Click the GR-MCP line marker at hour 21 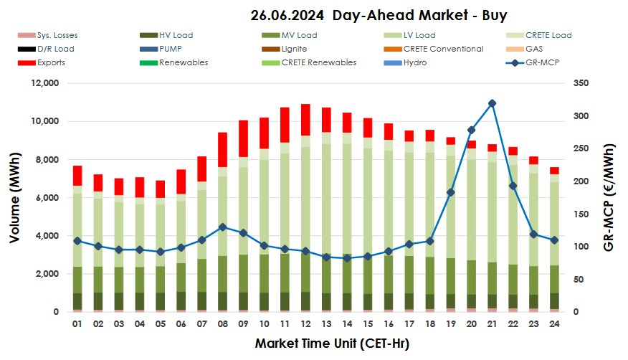[x=492, y=103]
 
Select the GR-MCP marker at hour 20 [x=471, y=130]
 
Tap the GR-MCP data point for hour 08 [x=223, y=227]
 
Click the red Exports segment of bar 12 [x=305, y=119]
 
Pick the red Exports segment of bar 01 [x=78, y=176]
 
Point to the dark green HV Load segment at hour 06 [x=181, y=300]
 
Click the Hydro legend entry [x=415, y=62]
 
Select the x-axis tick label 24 [x=553, y=325]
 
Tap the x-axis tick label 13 [x=326, y=325]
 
